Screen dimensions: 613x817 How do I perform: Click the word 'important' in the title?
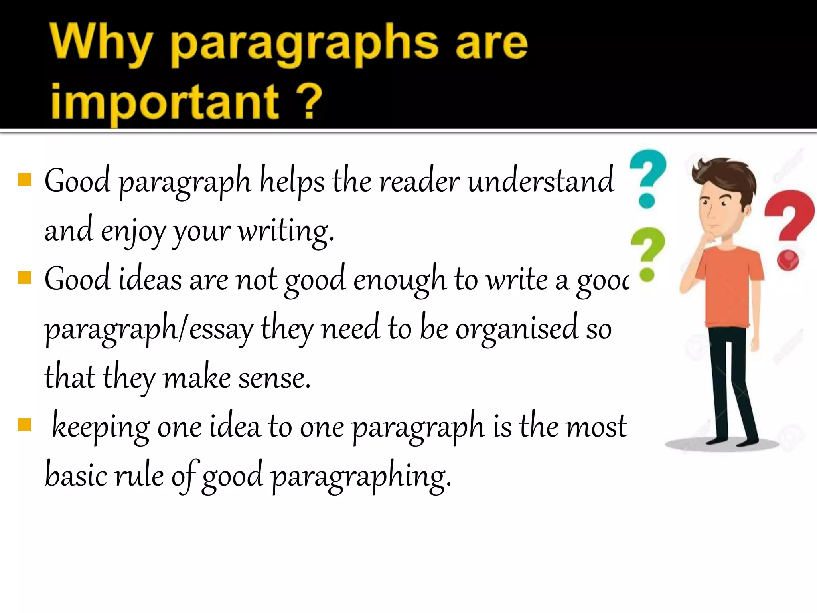click(x=164, y=102)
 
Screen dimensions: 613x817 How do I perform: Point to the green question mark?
click(x=647, y=251)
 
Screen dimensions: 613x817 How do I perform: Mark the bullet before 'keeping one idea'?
click(x=25, y=425)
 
